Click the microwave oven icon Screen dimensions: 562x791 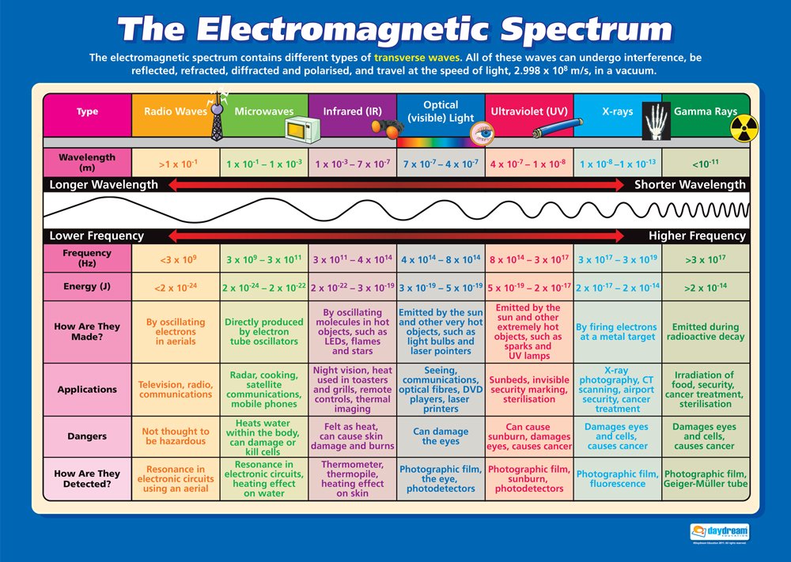click(x=301, y=128)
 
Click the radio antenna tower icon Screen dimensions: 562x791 click(x=216, y=115)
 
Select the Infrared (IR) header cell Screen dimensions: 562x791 click(x=351, y=111)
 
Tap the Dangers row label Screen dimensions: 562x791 click(x=87, y=437)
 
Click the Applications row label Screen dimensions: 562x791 click(x=87, y=390)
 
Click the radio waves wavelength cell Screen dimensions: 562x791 click(x=176, y=164)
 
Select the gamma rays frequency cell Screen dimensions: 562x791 click(x=705, y=258)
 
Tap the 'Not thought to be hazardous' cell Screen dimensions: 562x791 click(x=176, y=437)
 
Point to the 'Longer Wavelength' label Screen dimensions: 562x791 click(x=104, y=185)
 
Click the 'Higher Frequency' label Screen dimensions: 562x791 click(x=697, y=236)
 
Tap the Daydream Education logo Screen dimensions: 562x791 click(x=720, y=533)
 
